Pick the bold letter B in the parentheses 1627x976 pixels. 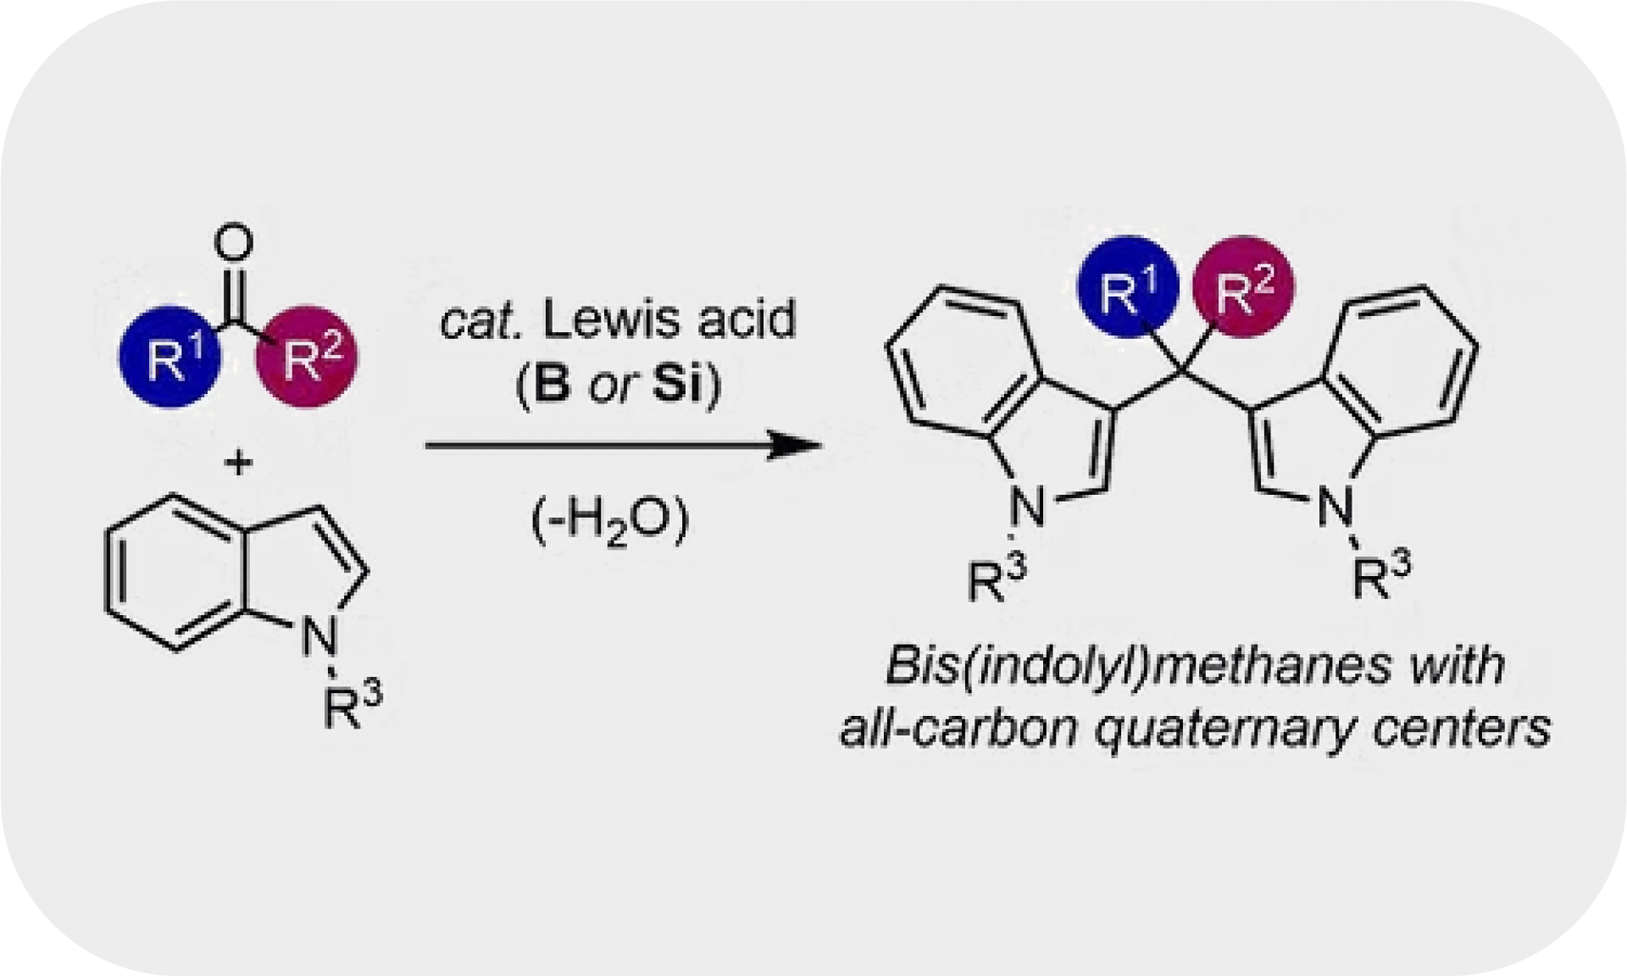[553, 385]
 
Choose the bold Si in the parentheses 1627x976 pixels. [678, 385]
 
